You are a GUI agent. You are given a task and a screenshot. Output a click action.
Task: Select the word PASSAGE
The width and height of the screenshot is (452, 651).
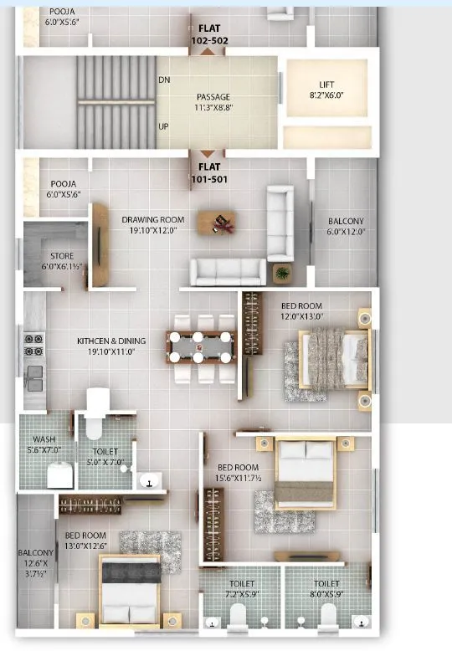pyautogui.click(x=213, y=96)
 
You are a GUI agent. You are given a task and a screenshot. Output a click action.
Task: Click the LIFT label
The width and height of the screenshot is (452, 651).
pyautogui.click(x=326, y=85)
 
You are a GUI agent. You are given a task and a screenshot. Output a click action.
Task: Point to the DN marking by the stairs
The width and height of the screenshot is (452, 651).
pyautogui.click(x=164, y=80)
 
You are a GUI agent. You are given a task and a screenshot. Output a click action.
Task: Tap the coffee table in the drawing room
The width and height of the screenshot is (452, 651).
pyautogui.click(x=217, y=222)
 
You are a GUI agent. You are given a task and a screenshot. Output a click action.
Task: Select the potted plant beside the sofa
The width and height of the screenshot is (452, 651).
pyautogui.click(x=282, y=273)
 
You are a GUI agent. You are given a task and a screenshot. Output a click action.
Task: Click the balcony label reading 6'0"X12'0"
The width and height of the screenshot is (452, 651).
pyautogui.click(x=345, y=232)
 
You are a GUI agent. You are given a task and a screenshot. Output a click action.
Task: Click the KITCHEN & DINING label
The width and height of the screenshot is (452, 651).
pyautogui.click(x=111, y=341)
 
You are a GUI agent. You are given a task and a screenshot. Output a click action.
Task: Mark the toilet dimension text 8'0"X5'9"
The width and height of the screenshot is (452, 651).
pyautogui.click(x=326, y=594)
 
